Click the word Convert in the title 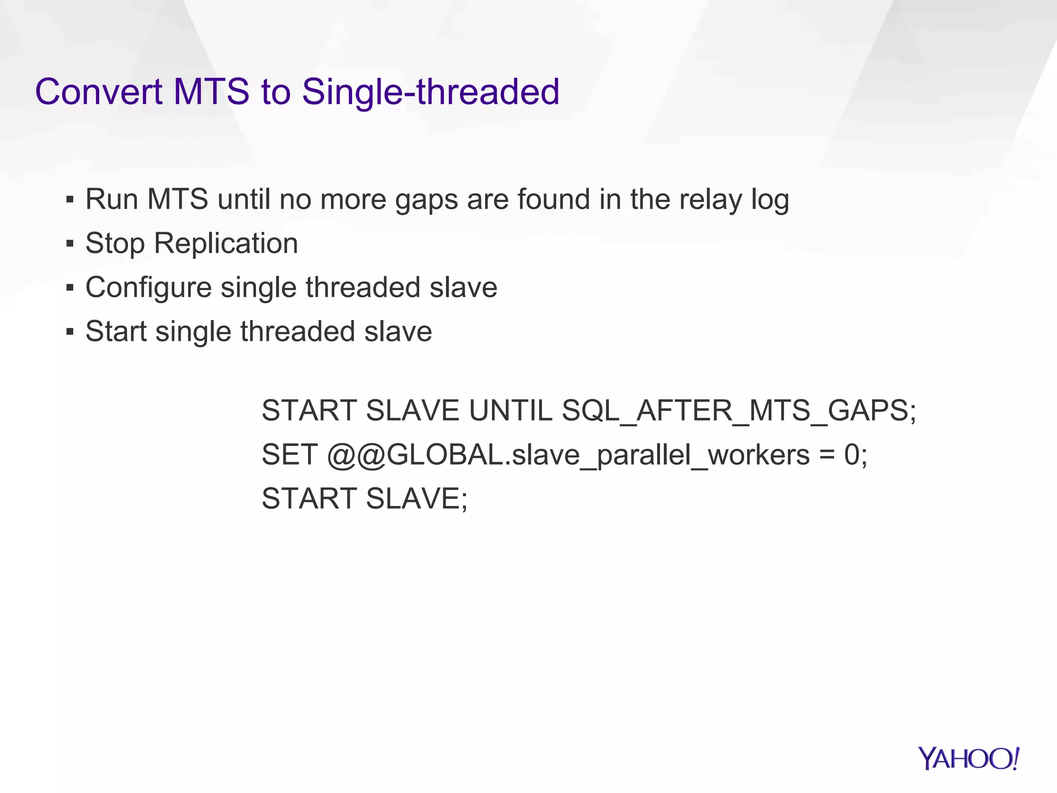click(99, 92)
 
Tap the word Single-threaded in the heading click(430, 92)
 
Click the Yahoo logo click(968, 759)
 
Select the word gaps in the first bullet click(426, 200)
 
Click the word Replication click(226, 243)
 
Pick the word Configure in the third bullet click(148, 288)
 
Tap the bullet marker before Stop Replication click(70, 243)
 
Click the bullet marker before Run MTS click(70, 199)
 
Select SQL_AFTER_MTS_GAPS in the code click(739, 411)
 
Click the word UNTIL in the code click(510, 411)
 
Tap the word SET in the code click(289, 455)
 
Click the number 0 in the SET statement click(852, 455)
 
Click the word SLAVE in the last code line click(416, 499)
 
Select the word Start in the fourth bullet click(116, 331)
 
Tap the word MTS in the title click(211, 92)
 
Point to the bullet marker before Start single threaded click(70, 331)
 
